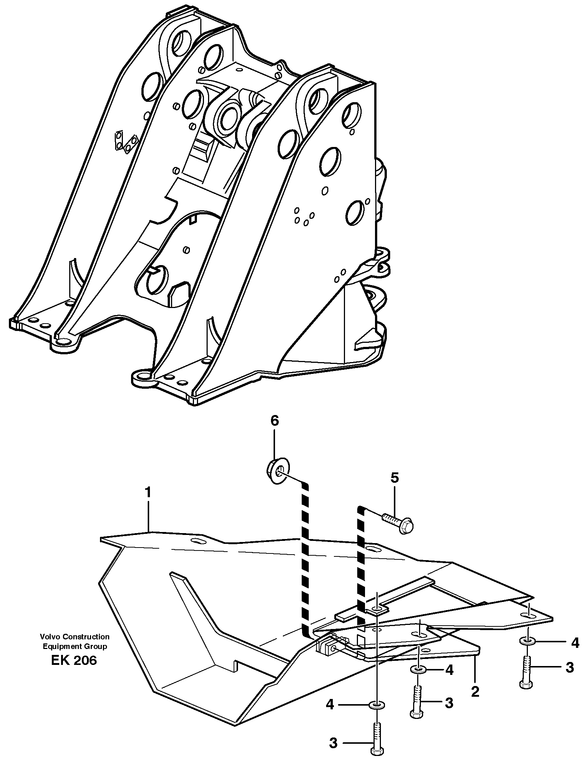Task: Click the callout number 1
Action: pyautogui.click(x=148, y=493)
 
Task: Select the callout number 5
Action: pyautogui.click(x=395, y=478)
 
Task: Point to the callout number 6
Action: pyautogui.click(x=274, y=421)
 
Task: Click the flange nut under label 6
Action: pyautogui.click(x=278, y=471)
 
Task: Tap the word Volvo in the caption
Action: pyautogui.click(x=50, y=637)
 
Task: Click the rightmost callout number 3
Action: pyautogui.click(x=570, y=667)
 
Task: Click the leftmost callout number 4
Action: pyautogui.click(x=330, y=704)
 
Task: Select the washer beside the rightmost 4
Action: pyautogui.click(x=527, y=640)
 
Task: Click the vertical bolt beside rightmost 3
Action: pyautogui.click(x=526, y=671)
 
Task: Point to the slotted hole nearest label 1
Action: pyautogui.click(x=199, y=541)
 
